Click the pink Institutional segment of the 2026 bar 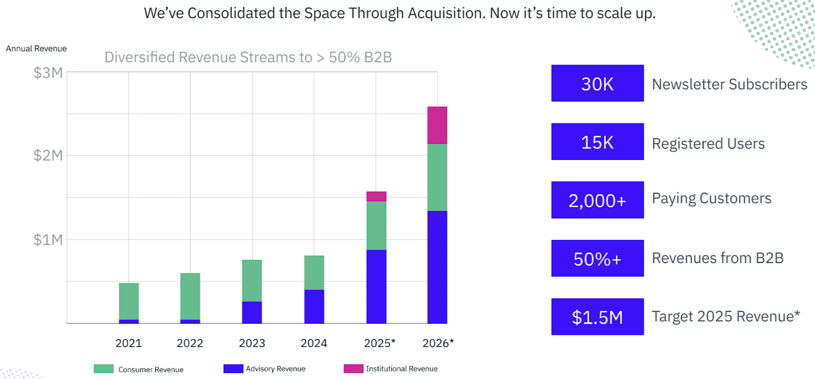point(437,125)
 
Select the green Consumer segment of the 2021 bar point(128,301)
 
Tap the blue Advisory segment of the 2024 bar point(314,307)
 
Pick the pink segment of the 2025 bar point(376,196)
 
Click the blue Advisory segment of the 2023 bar point(252,312)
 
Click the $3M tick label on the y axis point(48,72)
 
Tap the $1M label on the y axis point(48,239)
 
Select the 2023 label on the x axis point(252,343)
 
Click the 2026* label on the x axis point(439,343)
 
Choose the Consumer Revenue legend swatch point(104,369)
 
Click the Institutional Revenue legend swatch point(353,369)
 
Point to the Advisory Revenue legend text point(275,369)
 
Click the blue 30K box point(597,84)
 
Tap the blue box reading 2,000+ point(597,200)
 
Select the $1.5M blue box point(597,317)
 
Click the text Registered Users point(708,143)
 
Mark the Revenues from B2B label point(718,258)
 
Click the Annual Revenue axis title point(37,49)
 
